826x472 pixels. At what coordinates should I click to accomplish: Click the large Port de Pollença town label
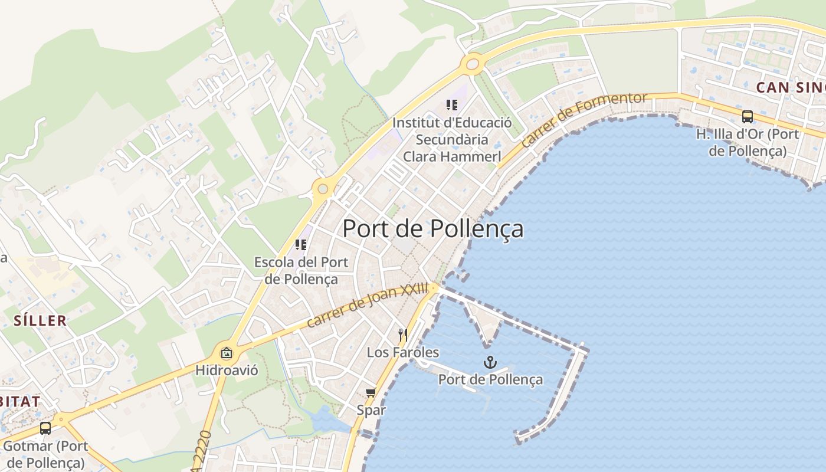(432, 229)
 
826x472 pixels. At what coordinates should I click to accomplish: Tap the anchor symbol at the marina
(490, 362)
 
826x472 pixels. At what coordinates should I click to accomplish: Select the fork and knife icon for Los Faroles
(403, 335)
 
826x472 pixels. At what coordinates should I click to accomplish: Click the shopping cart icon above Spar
(371, 393)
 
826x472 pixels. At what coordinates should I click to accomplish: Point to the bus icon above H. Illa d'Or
(747, 116)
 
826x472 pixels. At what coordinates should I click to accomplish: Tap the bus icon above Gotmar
(45, 428)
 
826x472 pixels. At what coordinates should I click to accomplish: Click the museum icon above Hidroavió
(226, 353)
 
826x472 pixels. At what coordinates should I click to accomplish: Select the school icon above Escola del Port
(301, 244)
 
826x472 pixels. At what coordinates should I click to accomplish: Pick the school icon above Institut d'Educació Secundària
(452, 105)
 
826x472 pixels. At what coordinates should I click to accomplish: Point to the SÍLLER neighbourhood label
(40, 321)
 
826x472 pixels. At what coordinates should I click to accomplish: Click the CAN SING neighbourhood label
(791, 87)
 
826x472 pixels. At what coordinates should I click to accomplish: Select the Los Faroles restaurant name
(403, 352)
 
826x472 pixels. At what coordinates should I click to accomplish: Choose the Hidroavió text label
(227, 372)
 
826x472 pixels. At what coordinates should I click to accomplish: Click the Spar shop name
(371, 409)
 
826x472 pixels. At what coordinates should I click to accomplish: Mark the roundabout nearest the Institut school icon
(473, 64)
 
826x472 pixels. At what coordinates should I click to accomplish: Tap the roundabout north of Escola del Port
(322, 189)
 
